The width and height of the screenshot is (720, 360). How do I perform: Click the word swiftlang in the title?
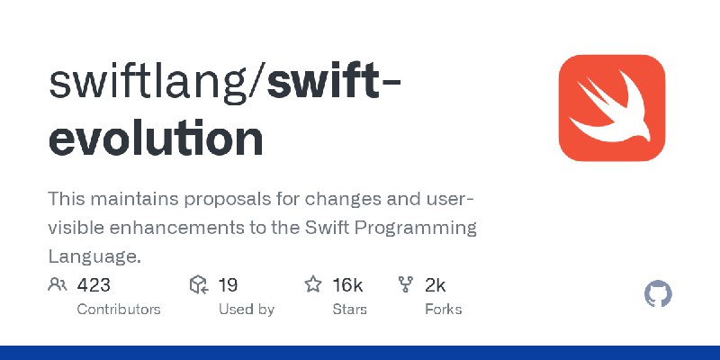(150, 84)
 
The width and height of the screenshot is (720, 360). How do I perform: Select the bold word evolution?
(156, 138)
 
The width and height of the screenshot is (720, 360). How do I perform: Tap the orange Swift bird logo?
(612, 108)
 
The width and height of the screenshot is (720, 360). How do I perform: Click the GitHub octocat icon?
(658, 294)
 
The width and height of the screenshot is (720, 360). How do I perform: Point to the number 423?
(94, 285)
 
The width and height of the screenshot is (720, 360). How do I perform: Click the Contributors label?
(119, 309)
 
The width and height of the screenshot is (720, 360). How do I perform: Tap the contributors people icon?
(58, 284)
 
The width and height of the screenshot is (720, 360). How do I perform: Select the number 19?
(228, 285)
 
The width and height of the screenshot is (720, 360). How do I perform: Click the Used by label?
(246, 310)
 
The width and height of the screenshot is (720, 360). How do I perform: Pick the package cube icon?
(199, 284)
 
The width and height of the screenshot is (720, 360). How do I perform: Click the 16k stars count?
(347, 285)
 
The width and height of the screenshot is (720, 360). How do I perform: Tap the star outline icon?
(313, 284)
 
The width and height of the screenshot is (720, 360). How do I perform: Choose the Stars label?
(350, 309)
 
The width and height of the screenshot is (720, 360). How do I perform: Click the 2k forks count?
(436, 285)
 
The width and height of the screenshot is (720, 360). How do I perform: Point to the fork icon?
(406, 284)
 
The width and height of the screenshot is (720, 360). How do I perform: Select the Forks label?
(443, 309)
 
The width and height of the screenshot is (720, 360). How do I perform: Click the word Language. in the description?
(94, 256)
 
